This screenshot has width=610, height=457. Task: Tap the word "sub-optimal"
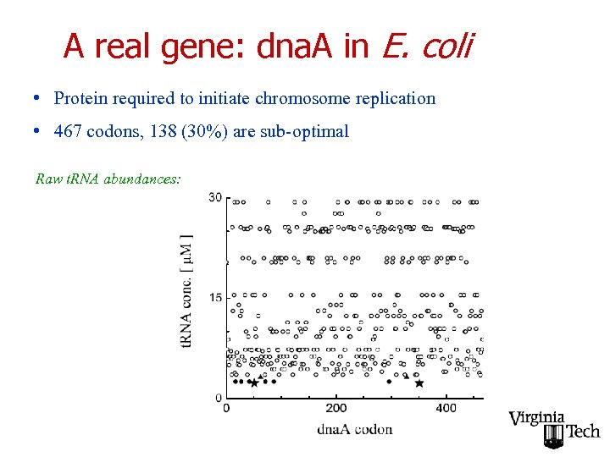coord(305,131)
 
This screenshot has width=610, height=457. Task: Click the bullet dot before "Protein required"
coord(38,98)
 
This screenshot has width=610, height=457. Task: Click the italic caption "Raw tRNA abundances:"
coord(108,179)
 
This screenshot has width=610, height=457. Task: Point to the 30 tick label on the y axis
coord(215,197)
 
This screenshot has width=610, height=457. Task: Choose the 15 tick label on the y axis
coord(215,297)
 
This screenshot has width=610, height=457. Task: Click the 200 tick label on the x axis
coord(335,409)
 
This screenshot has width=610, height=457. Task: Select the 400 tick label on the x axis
coord(446,409)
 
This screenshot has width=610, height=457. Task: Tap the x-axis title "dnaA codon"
coord(354,429)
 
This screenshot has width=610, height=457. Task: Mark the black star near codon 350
coord(419,383)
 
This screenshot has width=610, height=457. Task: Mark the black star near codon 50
coord(253,383)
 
